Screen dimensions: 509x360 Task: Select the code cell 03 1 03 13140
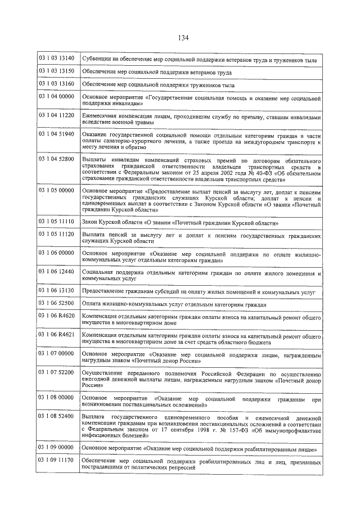coord(56,58)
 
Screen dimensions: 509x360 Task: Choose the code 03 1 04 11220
coord(56,115)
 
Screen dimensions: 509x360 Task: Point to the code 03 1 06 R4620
coord(56,317)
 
